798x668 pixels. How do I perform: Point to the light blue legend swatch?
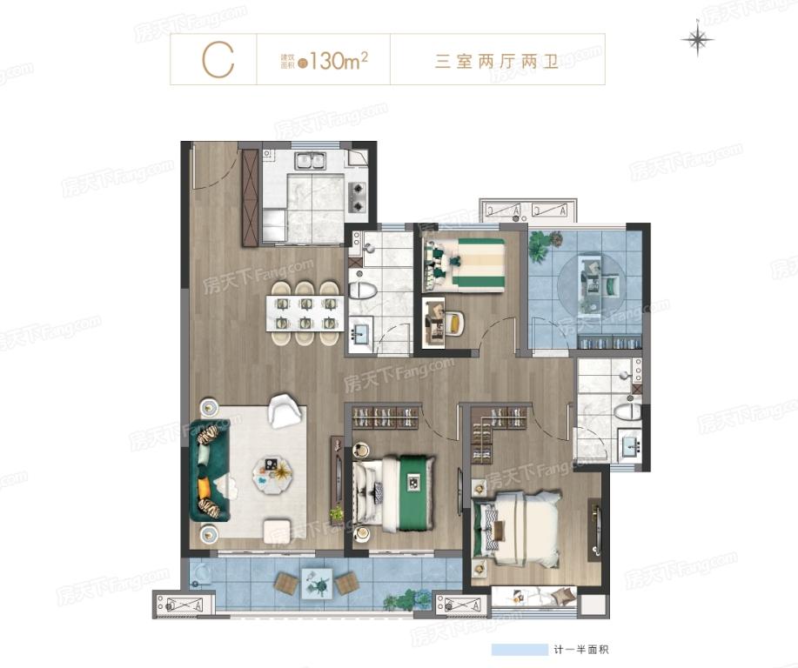pyautogui.click(x=517, y=650)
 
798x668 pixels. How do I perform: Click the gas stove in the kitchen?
pyautogui.click(x=357, y=197)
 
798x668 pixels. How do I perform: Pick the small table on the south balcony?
pyautogui.click(x=319, y=580)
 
